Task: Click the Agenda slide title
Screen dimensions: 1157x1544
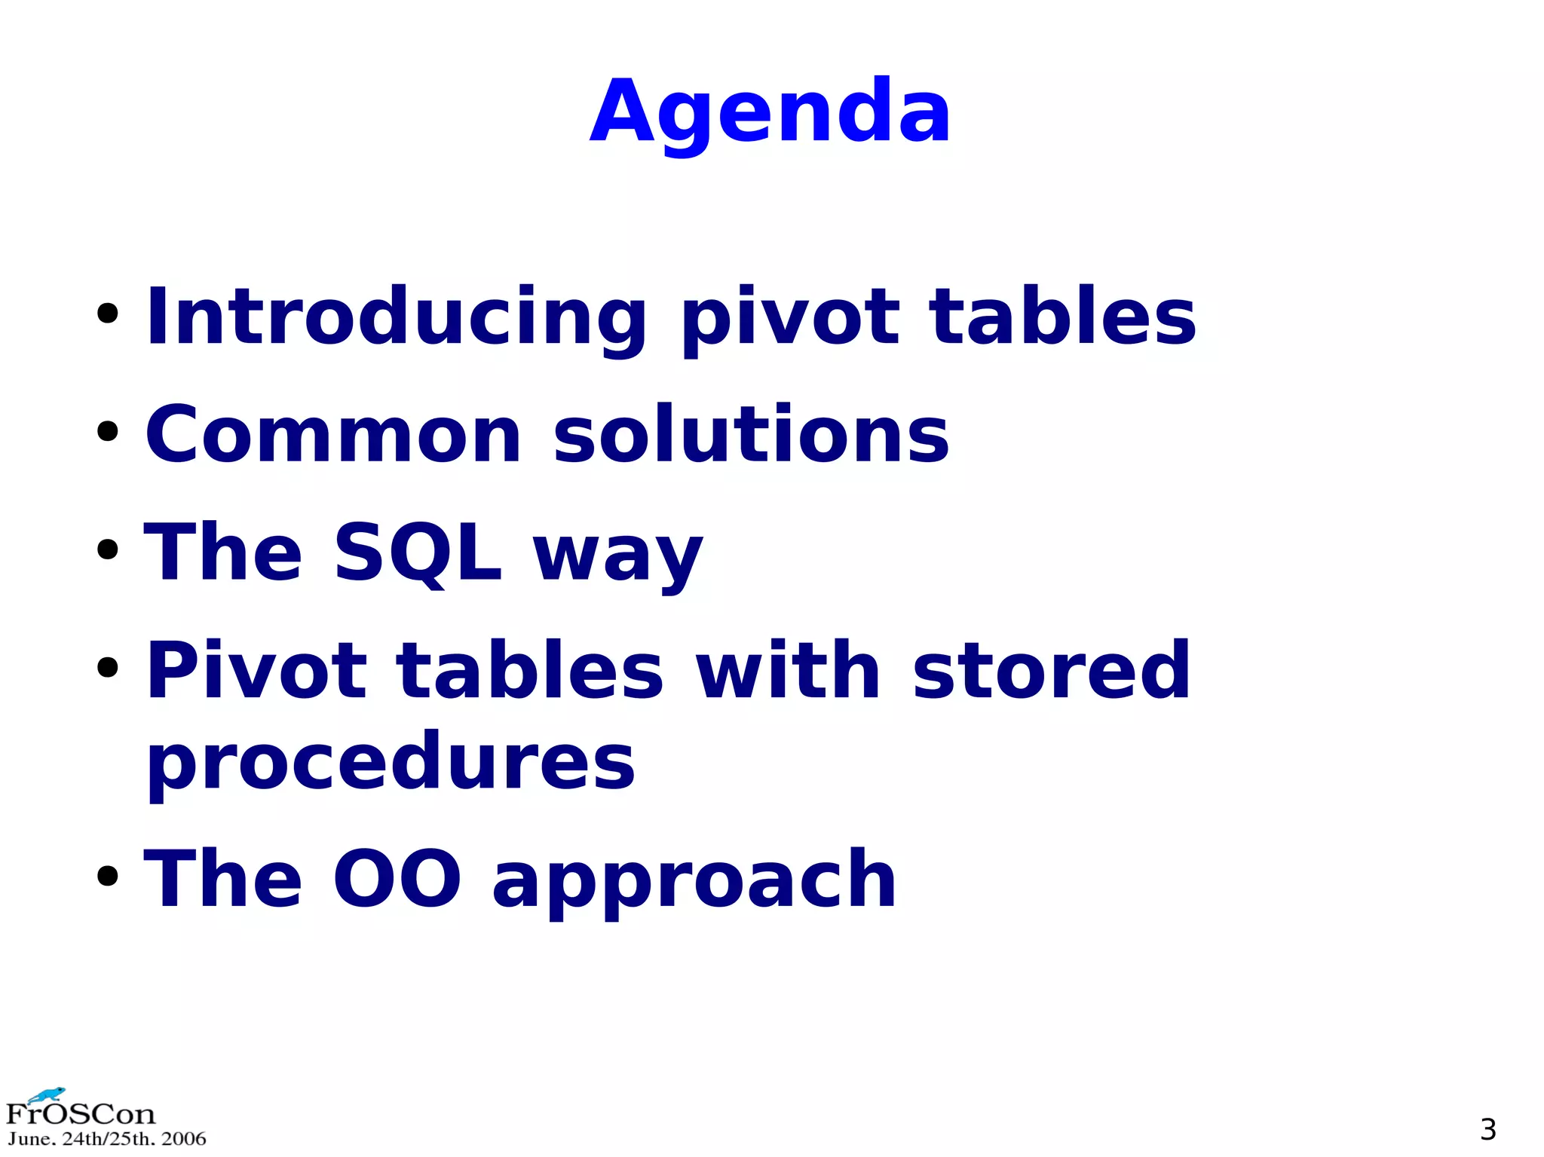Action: pos(770,113)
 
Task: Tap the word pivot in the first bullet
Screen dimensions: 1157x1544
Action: pos(789,318)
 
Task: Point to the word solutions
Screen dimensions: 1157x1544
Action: pos(751,435)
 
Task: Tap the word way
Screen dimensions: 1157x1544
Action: pos(617,558)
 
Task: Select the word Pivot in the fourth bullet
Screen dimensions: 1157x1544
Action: pos(256,671)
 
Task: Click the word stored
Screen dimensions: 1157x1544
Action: pos(1051,671)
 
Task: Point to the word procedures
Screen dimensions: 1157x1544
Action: pos(391,763)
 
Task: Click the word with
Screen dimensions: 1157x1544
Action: pos(787,671)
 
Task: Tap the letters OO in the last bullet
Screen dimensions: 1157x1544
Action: pos(397,879)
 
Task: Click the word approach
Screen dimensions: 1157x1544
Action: pos(694,882)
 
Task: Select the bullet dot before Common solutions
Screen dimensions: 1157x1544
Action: pos(108,432)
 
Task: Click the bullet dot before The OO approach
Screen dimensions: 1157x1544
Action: pos(108,876)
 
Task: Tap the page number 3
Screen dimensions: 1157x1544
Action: pos(1487,1129)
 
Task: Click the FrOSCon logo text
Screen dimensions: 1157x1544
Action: pos(80,1114)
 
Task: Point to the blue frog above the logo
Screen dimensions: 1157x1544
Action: pos(47,1094)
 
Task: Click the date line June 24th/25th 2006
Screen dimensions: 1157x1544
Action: pos(106,1139)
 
